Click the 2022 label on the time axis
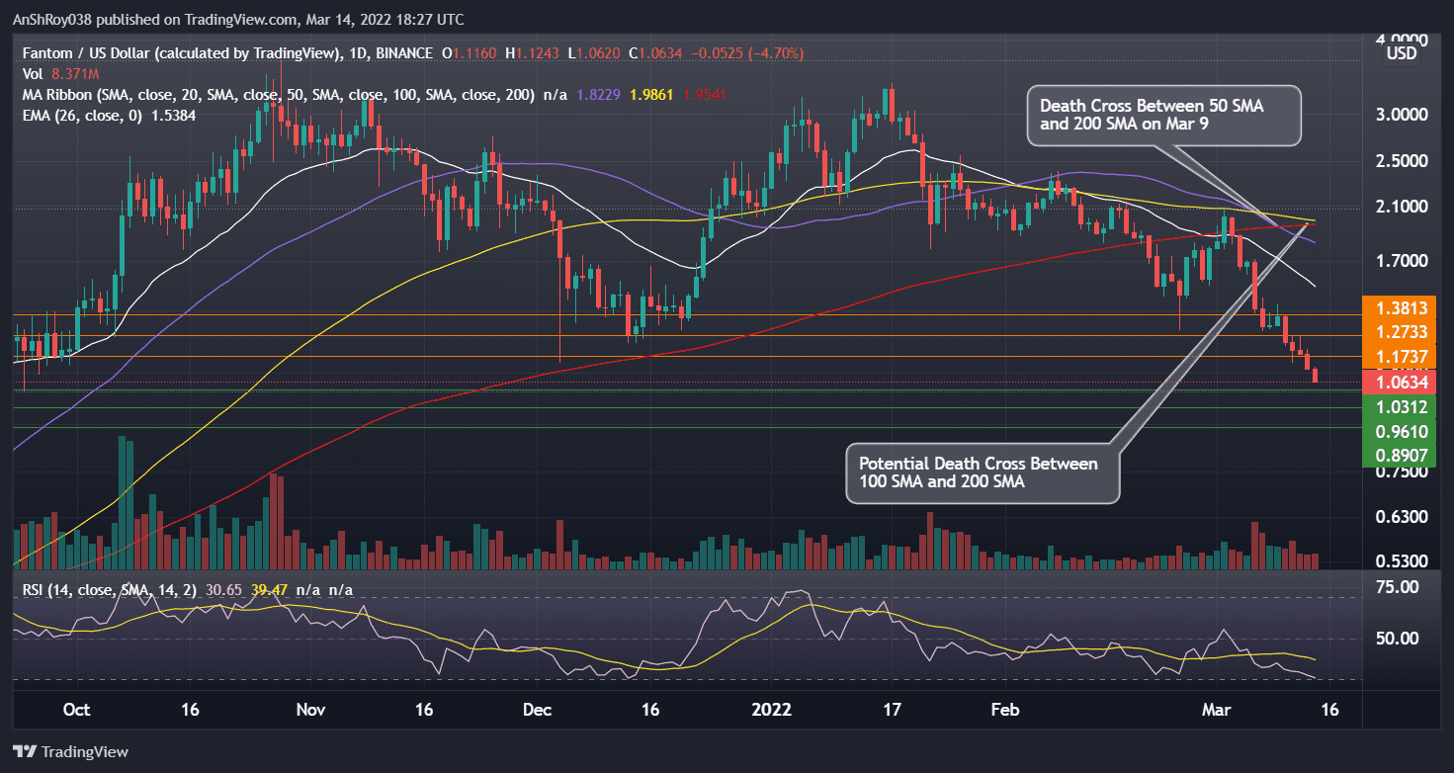point(772,710)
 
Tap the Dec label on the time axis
point(538,710)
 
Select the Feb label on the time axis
point(1005,710)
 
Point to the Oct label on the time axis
point(76,710)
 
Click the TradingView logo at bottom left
point(71,751)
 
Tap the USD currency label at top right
point(1401,52)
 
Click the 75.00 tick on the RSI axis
point(1398,587)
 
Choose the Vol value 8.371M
point(66,73)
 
